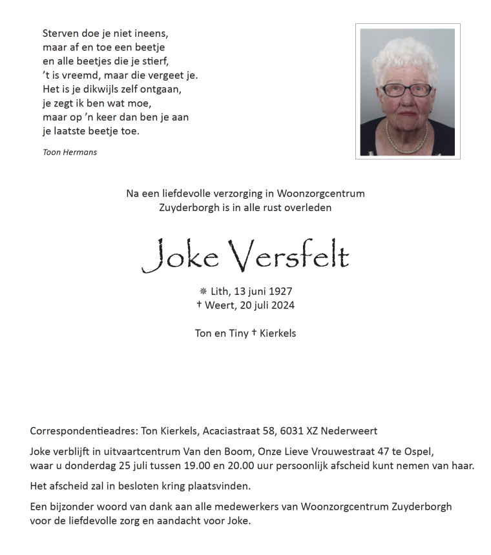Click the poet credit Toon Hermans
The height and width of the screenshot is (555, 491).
(70, 152)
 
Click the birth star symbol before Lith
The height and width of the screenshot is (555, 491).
(203, 292)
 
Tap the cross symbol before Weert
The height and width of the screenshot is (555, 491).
(199, 305)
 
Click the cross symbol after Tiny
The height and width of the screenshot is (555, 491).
(254, 333)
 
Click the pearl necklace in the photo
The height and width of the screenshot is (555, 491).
(407, 137)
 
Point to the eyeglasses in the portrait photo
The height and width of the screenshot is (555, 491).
(406, 90)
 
